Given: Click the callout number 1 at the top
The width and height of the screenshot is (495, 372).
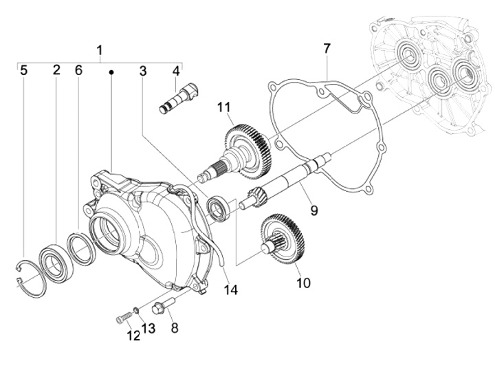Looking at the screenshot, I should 100,50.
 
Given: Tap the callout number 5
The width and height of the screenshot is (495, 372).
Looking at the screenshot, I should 23,70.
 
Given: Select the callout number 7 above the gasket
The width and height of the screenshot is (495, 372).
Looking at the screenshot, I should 327,48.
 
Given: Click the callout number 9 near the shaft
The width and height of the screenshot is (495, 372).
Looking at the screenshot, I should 313,210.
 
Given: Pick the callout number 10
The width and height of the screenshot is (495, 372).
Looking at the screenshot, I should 304,283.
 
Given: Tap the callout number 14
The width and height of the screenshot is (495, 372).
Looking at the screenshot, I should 230,290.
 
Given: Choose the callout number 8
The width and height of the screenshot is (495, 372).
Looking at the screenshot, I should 174,328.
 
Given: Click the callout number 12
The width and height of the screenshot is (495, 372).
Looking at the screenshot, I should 133,336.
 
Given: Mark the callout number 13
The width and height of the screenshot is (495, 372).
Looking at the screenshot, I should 148,329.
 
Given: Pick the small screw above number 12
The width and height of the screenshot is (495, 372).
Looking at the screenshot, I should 122,318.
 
